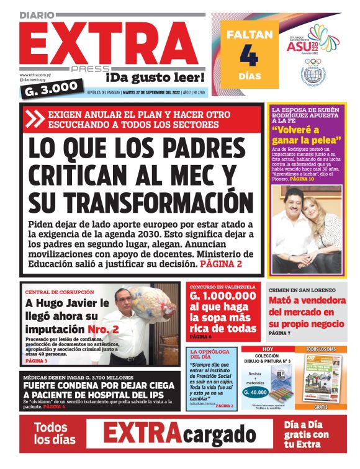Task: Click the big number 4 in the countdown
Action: point(248,56)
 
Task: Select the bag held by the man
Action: point(153,305)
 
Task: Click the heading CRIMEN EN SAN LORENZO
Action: point(302,290)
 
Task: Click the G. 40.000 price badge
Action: point(254,392)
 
